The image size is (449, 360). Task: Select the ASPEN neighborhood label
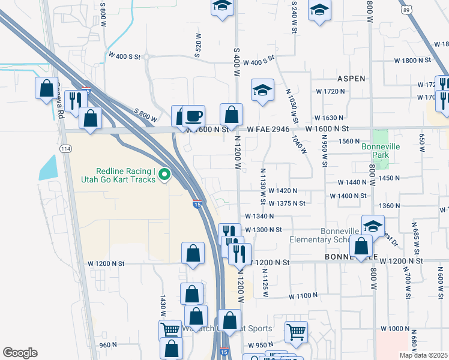pyautogui.click(x=351, y=79)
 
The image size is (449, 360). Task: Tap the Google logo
pyautogui.click(x=20, y=352)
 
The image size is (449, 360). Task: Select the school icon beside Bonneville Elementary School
pyautogui.click(x=373, y=226)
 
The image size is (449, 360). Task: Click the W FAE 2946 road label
pyautogui.click(x=268, y=129)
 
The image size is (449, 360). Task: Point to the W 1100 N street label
pyautogui.click(x=303, y=296)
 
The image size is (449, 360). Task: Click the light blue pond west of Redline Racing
pyautogui.click(x=48, y=167)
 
